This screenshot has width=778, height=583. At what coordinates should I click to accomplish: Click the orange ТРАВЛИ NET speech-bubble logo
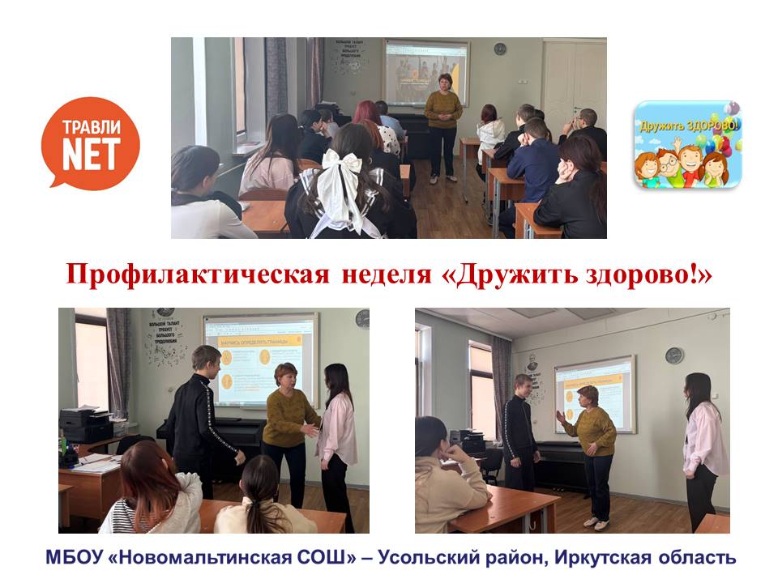click(x=90, y=143)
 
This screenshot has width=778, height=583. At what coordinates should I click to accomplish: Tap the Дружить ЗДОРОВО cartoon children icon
click(x=687, y=145)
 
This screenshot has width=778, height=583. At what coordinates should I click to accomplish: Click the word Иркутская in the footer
click(x=612, y=558)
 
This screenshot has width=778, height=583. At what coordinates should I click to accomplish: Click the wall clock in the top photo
click(x=500, y=49)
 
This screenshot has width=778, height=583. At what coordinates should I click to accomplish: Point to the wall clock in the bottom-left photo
click(x=361, y=319)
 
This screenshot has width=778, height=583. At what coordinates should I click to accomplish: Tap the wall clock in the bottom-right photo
click(x=673, y=355)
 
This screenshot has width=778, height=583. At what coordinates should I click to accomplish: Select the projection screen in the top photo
click(x=425, y=72)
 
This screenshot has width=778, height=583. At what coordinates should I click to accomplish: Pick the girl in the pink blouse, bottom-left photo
click(x=336, y=429)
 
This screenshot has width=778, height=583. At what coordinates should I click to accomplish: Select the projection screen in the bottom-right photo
click(x=594, y=394)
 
